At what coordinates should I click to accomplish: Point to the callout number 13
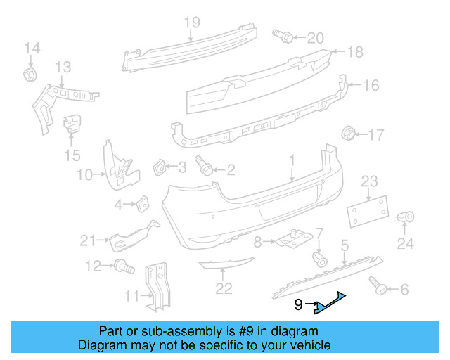pyautogui.click(x=63, y=67)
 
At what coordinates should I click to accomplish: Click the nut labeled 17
pyautogui.click(x=348, y=133)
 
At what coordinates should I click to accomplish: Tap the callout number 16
pyautogui.click(x=371, y=85)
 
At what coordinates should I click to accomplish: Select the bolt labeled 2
pyautogui.click(x=205, y=167)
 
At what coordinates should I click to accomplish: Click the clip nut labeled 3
pyautogui.click(x=161, y=168)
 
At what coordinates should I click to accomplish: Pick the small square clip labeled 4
pyautogui.click(x=141, y=204)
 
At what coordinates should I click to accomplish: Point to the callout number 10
pyautogui.click(x=85, y=174)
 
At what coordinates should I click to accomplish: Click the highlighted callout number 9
pyautogui.click(x=299, y=305)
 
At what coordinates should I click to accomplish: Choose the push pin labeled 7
pyautogui.click(x=320, y=257)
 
